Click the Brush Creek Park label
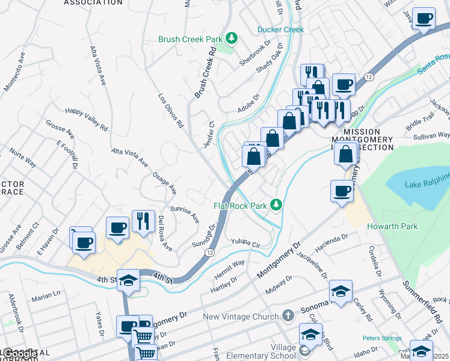click(190, 39)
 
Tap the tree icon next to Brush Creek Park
click(232, 39)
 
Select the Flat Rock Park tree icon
click(276, 206)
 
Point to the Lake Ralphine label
click(427, 184)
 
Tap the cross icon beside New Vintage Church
click(288, 316)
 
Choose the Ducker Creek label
click(280, 29)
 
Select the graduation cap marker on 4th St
click(128, 280)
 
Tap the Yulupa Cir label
click(245, 243)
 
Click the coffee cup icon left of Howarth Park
click(342, 192)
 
